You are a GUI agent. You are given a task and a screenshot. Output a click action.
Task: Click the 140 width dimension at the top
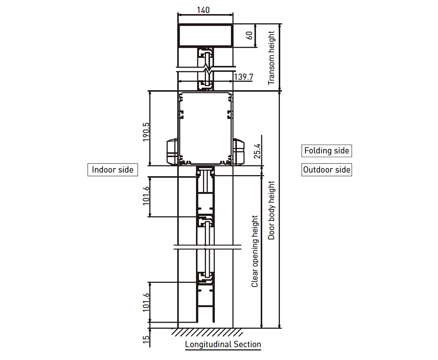[203, 10]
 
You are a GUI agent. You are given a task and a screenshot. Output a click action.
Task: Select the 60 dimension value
[249, 36]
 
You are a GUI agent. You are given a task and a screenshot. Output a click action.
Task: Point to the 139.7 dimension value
[244, 77]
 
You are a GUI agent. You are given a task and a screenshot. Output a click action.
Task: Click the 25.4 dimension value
[257, 151]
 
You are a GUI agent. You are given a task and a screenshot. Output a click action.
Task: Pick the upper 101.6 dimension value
[146, 196]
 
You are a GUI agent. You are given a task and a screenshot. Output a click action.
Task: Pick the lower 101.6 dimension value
[146, 302]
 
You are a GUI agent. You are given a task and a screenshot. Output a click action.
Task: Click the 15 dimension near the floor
[146, 339]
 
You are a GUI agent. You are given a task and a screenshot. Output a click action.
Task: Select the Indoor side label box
[112, 169]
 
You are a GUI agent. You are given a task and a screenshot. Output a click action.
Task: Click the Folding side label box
[327, 151]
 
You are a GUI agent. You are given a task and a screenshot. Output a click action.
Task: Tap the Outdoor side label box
[327, 169]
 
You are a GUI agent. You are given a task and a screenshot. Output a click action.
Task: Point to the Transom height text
[271, 58]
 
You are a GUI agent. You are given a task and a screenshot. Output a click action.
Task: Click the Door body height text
[271, 210]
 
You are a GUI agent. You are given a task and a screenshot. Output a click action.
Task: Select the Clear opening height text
[255, 251]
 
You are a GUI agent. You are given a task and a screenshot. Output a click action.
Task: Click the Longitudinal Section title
[223, 344]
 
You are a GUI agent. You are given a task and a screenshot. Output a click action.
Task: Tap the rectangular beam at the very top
[205, 36]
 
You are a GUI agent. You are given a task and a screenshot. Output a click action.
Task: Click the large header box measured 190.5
[205, 128]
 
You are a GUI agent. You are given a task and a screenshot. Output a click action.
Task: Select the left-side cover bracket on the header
[172, 151]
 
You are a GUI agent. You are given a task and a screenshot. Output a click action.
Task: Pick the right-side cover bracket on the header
[238, 151]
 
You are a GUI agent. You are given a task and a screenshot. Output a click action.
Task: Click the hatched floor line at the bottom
[207, 332]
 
